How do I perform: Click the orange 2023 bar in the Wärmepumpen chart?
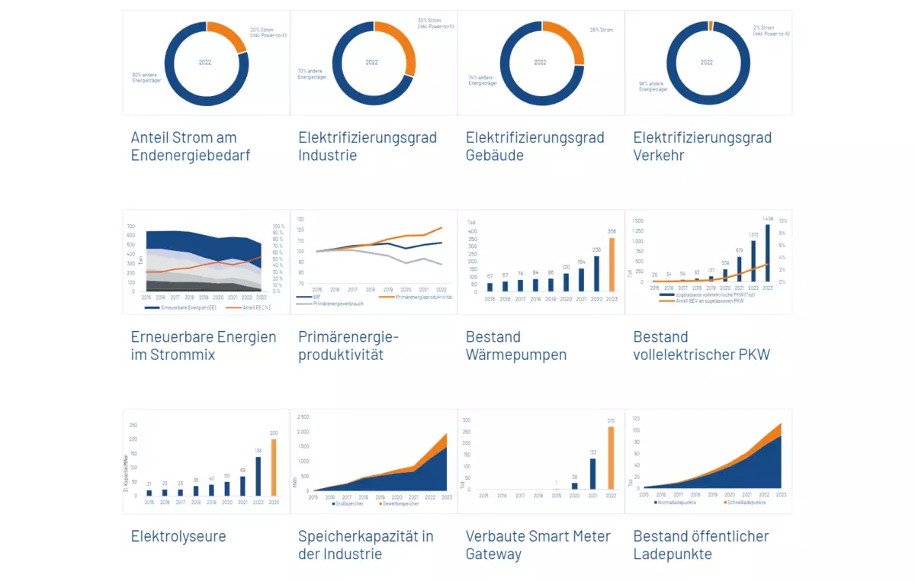[x=611, y=265]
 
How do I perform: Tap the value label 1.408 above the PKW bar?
[x=766, y=219]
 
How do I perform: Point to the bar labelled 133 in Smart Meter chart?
[x=592, y=474]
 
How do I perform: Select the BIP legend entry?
[x=313, y=297]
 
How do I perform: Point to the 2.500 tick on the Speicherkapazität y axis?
[x=303, y=417]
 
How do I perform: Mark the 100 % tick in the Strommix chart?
[x=278, y=227]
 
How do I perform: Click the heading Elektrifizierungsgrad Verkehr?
[x=702, y=146]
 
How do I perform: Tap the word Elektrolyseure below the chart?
[x=178, y=536]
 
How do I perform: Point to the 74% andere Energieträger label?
[x=482, y=80]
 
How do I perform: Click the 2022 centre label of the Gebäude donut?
[x=541, y=62]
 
